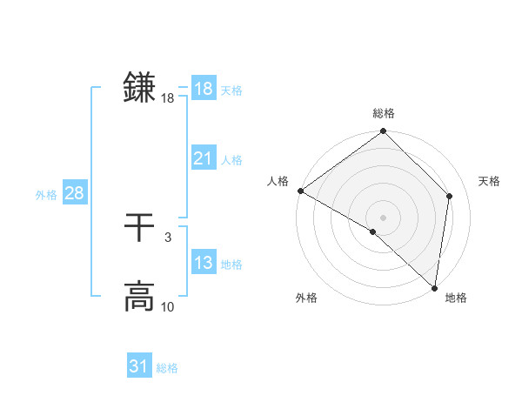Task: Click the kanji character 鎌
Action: (139, 88)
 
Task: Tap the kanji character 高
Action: (139, 297)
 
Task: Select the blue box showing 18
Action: (203, 89)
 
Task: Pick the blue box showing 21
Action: (203, 158)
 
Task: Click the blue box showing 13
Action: (203, 263)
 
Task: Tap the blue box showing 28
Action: (74, 193)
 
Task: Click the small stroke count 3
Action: (167, 238)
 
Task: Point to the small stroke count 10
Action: (168, 307)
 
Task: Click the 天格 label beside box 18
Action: (231, 91)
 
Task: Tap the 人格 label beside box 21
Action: (231, 160)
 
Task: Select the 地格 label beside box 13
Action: (231, 265)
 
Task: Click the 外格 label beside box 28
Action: (46, 195)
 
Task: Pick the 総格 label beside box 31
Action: (167, 368)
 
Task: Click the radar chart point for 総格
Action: (384, 132)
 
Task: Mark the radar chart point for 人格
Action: (300, 191)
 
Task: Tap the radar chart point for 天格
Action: (450, 196)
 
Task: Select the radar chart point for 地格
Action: (434, 288)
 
